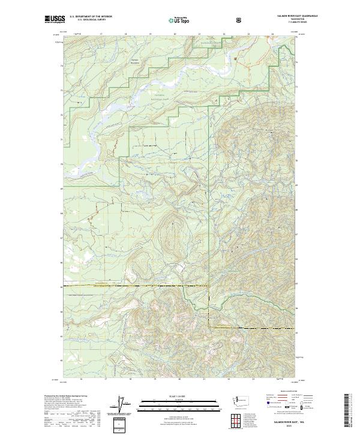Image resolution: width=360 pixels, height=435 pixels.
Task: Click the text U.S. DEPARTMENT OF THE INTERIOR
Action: coord(91,17)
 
